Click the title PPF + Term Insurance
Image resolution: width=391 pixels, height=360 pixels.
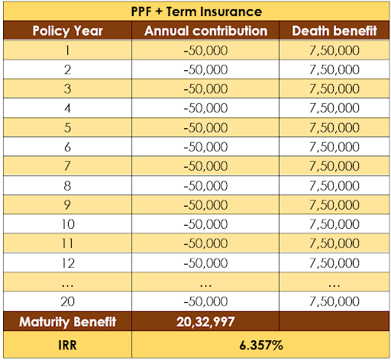196,11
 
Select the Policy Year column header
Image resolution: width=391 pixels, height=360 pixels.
67,31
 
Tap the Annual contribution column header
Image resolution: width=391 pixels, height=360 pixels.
205,31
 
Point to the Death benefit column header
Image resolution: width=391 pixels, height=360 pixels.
334,31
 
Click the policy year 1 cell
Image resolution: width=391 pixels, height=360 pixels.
67,50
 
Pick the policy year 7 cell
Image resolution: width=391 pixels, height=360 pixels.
67,166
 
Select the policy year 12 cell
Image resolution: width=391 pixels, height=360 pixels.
68,263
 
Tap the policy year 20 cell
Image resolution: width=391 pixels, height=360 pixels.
67,301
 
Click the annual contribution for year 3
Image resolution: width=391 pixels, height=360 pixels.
205,89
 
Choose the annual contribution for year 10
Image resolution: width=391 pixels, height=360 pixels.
205,224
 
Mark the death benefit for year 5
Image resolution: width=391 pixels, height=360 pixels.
334,127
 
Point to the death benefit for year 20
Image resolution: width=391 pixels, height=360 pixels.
334,301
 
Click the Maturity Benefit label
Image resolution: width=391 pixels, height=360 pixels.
67,322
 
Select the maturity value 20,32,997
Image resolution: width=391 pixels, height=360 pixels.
205,322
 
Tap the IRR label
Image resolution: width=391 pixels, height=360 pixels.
67,345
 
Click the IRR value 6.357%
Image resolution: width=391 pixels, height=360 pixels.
261,345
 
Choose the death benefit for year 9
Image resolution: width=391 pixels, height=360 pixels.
334,205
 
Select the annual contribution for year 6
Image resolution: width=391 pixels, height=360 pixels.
205,147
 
